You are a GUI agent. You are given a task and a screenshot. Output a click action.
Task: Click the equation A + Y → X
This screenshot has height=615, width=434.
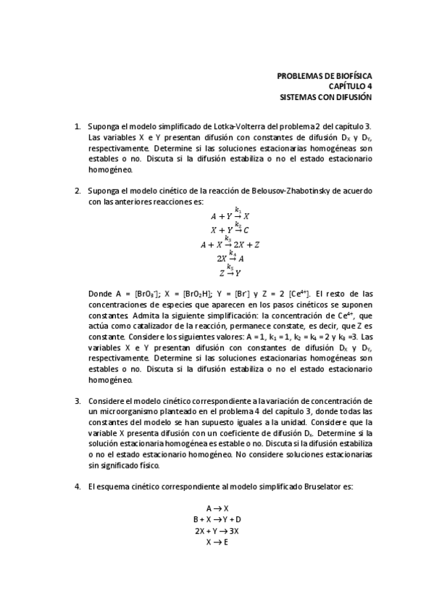pos(230,215)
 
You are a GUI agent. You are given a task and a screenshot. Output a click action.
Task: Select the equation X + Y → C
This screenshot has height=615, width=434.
pos(230,229)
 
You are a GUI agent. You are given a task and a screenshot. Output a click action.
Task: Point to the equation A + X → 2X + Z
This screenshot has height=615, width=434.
pos(230,244)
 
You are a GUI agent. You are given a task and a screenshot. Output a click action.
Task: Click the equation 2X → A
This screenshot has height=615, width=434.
pos(230,258)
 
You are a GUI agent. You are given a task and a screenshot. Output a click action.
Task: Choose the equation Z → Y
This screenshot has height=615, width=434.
pos(230,273)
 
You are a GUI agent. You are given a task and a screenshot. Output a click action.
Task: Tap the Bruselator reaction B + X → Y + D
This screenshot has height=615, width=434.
pos(217,519)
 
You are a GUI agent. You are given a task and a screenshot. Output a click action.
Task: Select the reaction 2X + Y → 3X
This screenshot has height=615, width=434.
pos(217,530)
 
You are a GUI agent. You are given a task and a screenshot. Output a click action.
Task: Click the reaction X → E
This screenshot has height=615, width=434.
pos(217,541)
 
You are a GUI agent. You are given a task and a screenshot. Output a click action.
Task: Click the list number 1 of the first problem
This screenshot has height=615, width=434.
pos(78,125)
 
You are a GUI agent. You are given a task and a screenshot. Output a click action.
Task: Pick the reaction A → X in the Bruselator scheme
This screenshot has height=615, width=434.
pos(217,508)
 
